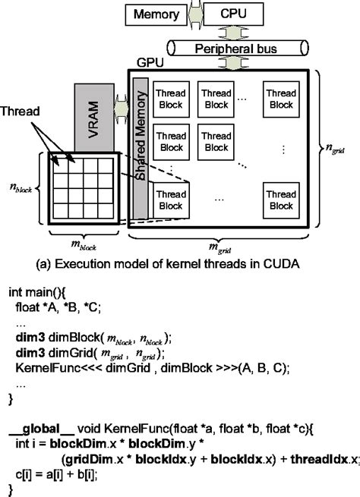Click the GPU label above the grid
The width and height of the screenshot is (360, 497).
pos(146,66)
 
